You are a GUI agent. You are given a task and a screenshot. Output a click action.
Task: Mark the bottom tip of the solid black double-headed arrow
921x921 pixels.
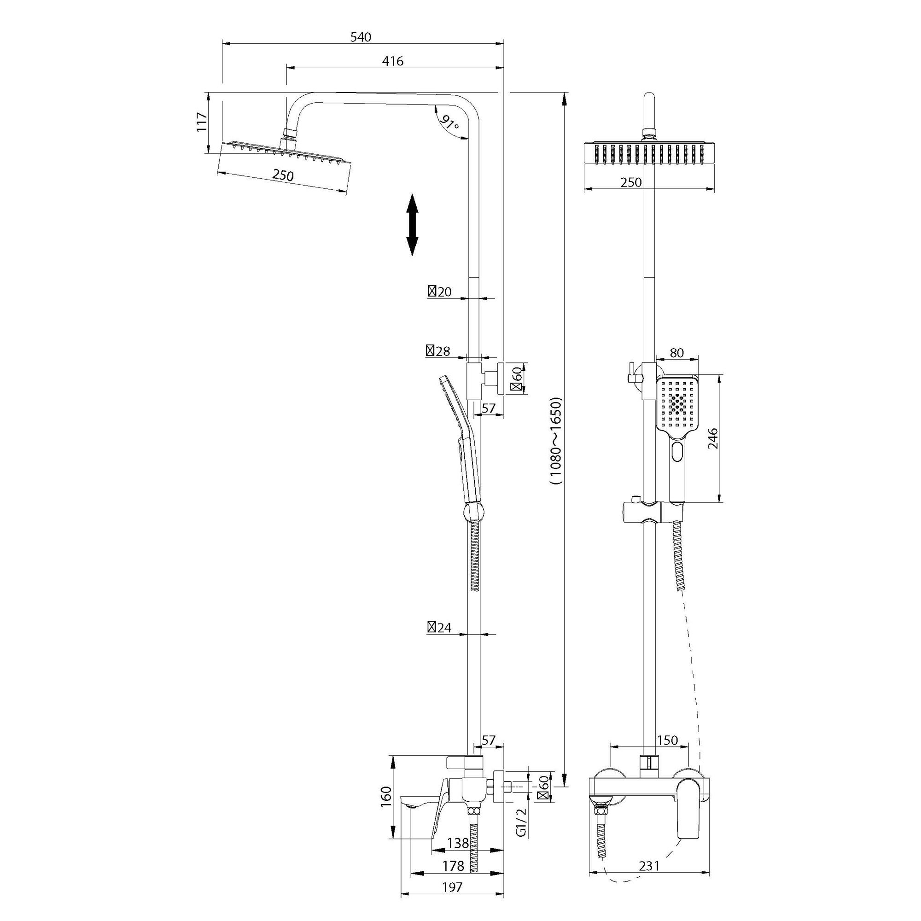point(412,256)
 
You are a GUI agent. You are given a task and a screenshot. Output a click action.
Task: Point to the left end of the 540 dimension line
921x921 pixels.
point(222,44)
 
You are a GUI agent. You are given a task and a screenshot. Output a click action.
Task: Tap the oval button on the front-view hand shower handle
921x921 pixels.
point(677,451)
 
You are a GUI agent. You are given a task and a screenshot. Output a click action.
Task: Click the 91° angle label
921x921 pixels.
point(449,123)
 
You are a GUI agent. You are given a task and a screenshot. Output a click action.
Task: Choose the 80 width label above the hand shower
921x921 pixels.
point(676,353)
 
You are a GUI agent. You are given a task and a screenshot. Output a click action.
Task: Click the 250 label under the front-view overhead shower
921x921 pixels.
point(631,182)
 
